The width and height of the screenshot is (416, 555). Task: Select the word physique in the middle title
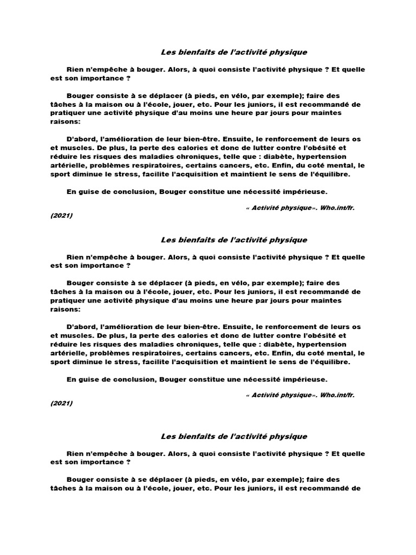pos(289,240)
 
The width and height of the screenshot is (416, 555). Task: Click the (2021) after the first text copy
pos(61,216)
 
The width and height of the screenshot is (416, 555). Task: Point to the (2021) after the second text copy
pos(61,403)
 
